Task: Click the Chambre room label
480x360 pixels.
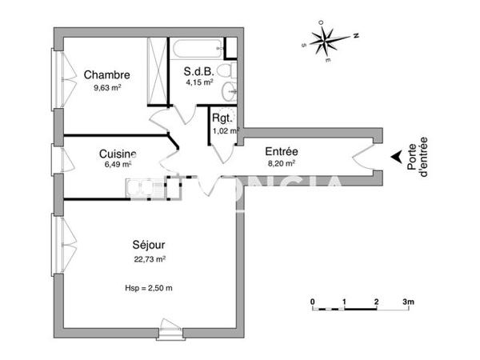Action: [x=106, y=75]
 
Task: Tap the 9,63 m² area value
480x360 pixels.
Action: [x=107, y=89]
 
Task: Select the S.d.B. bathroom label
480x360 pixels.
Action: [x=198, y=70]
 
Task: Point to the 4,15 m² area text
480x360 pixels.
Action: [x=198, y=82]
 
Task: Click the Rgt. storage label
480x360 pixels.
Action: [x=222, y=119]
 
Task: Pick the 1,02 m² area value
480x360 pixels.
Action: [x=222, y=131]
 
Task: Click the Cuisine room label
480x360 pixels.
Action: [x=117, y=154]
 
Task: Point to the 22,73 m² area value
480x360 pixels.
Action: [x=150, y=258]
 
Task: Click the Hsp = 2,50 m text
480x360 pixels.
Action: [x=149, y=288]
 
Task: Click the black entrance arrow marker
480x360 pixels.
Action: [x=394, y=159]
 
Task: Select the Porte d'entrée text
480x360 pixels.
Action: [x=417, y=160]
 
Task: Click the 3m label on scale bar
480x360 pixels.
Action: [x=409, y=302]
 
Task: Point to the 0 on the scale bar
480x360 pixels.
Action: [x=313, y=302]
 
